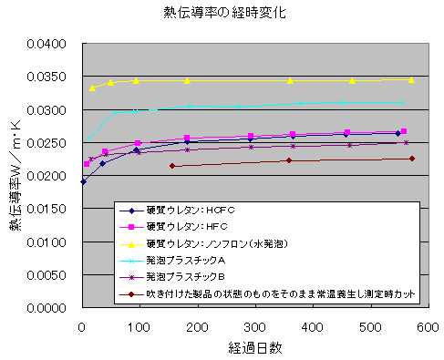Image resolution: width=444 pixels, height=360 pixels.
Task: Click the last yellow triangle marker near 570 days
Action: pyautogui.click(x=411, y=79)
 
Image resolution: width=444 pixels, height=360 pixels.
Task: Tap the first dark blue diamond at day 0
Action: pyautogui.click(x=83, y=181)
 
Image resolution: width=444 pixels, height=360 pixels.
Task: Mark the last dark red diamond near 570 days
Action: pyautogui.click(x=412, y=159)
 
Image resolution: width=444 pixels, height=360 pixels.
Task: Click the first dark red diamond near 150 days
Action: pyautogui.click(x=171, y=166)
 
